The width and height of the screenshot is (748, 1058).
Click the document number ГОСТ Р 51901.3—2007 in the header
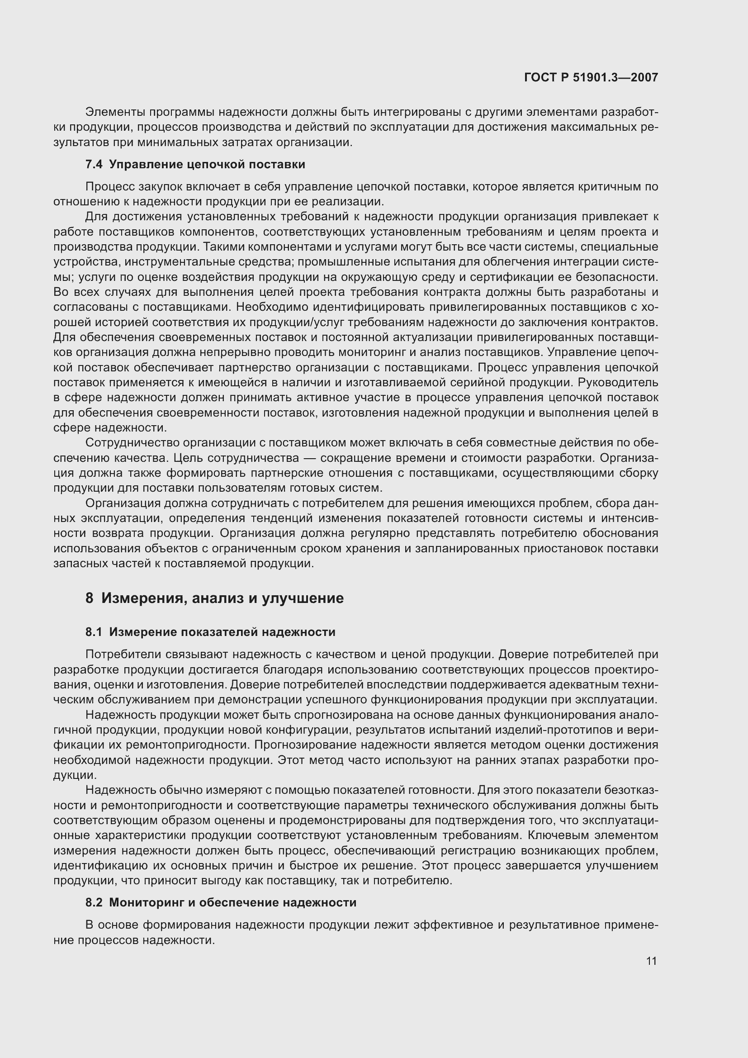(x=591, y=77)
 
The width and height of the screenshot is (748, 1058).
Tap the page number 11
(x=651, y=961)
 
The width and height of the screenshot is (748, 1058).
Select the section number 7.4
(x=94, y=165)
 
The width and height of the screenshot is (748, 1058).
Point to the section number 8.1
(x=94, y=632)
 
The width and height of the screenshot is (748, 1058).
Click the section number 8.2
(x=94, y=902)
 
